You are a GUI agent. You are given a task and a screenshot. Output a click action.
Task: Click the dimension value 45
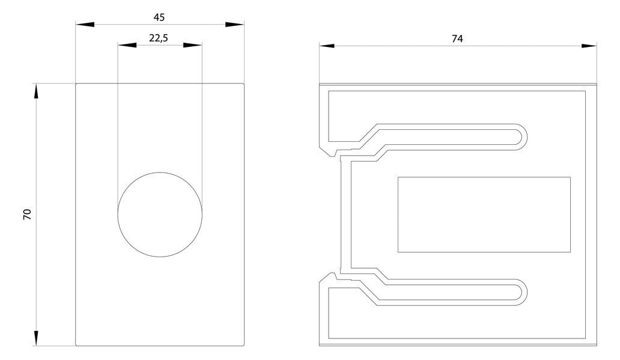[x=159, y=17]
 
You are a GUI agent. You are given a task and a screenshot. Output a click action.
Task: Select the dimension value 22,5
[x=159, y=38]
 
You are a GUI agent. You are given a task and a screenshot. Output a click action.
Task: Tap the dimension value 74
[x=457, y=39]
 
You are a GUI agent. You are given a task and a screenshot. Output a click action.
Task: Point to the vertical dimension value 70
[x=27, y=215]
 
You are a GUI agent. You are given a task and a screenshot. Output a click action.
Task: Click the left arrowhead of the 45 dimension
[x=85, y=25]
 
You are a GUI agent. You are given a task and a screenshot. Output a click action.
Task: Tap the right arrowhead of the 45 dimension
[x=234, y=25]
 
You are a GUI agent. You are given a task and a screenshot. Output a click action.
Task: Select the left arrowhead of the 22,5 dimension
[x=127, y=45]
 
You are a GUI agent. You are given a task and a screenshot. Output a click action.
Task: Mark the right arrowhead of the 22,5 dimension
[x=193, y=45]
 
